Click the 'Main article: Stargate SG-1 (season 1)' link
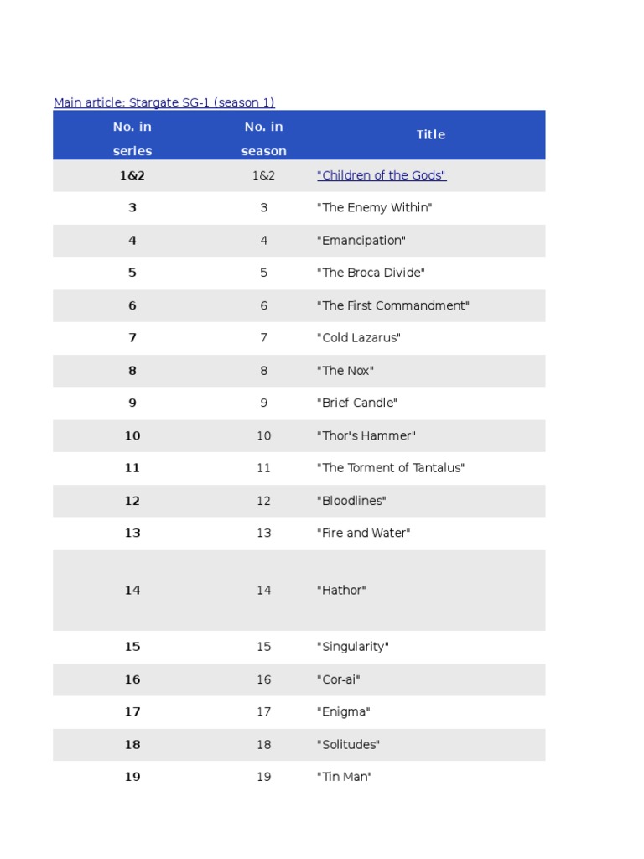(164, 102)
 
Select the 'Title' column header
(431, 134)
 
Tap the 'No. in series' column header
(132, 138)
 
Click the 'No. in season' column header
(264, 138)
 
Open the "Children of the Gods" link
(382, 175)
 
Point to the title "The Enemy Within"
(374, 207)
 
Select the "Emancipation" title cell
(361, 241)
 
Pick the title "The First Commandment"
(392, 305)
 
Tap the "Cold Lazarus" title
(359, 337)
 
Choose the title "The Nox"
(345, 371)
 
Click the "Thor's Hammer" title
(366, 435)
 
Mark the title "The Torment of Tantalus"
(391, 468)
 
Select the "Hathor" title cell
(341, 591)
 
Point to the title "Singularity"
(352, 647)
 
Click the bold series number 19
(132, 777)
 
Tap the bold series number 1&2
(132, 175)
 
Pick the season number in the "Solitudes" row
(264, 744)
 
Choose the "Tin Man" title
(344, 777)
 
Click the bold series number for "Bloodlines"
(132, 501)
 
